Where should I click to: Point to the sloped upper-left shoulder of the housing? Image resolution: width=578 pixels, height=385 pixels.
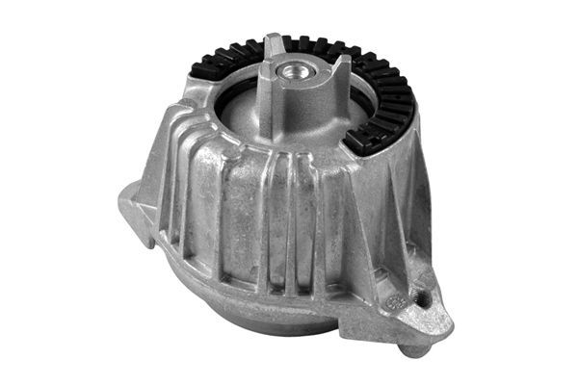pos(188,125)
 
